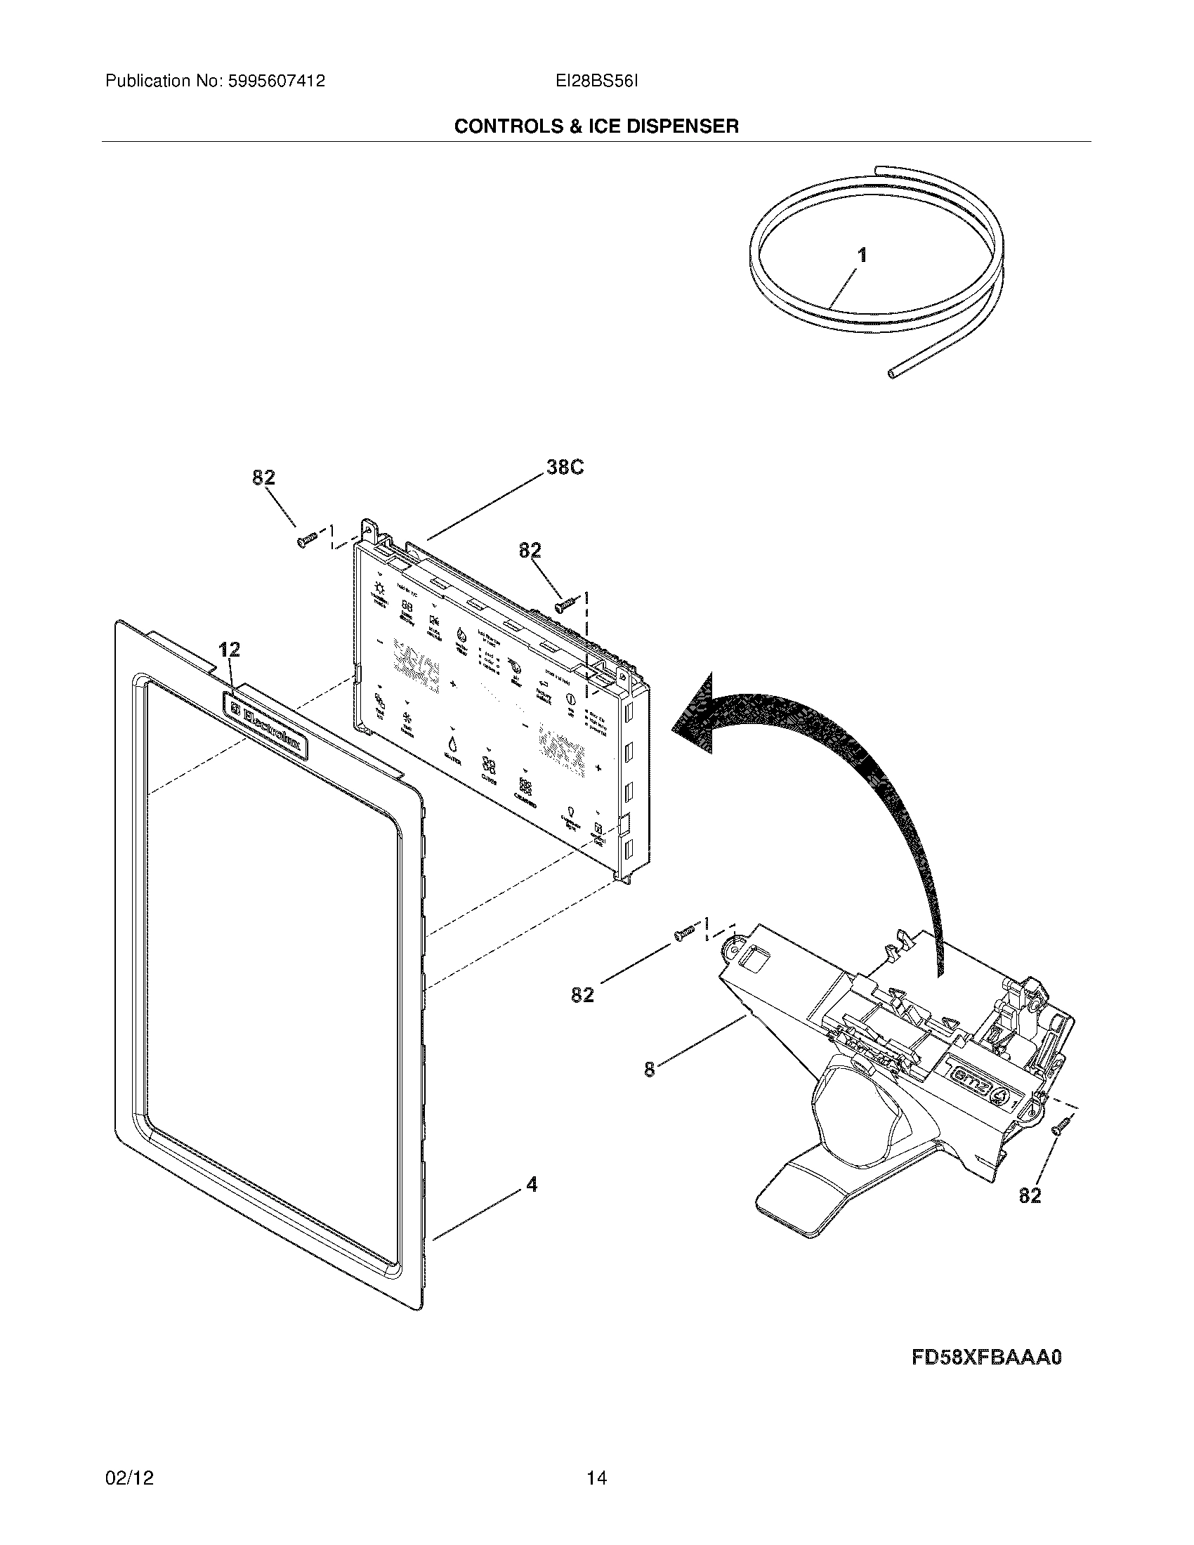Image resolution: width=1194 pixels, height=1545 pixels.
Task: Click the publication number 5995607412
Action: point(276,81)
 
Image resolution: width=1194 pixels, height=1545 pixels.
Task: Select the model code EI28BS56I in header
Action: point(597,81)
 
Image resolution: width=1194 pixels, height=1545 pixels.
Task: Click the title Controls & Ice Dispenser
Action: point(596,126)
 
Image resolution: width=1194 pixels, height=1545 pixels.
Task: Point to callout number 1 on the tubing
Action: point(862,256)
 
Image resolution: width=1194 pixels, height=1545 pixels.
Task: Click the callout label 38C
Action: point(565,468)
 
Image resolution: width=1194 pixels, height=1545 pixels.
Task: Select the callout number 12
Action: point(230,650)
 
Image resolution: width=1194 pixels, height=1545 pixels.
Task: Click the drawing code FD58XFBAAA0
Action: point(987,1358)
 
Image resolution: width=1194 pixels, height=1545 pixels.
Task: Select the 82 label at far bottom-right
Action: point(1030,1195)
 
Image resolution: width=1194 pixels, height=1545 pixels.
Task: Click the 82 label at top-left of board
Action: point(263,478)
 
